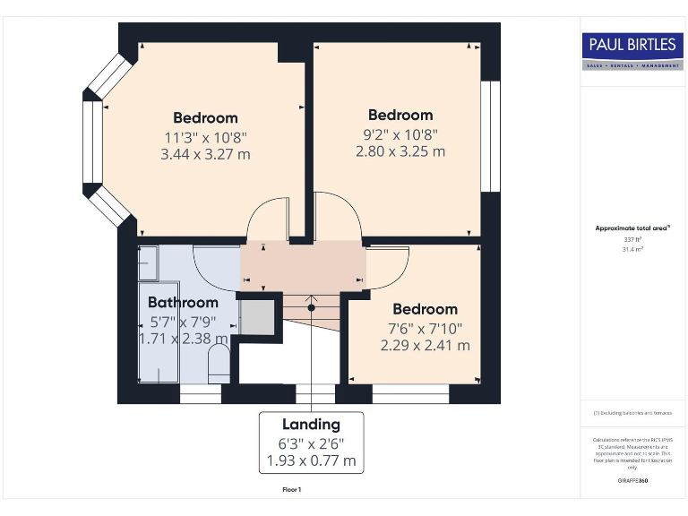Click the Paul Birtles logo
[x=632, y=51]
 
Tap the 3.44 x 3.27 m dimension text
[x=205, y=154]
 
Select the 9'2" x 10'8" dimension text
[x=400, y=133]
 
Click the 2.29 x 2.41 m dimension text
[x=425, y=345]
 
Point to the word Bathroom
[x=183, y=303]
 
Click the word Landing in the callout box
[x=311, y=425]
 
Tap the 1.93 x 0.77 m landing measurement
[x=311, y=461]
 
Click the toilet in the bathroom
[x=219, y=364]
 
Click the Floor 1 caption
[x=292, y=490]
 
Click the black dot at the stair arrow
[x=312, y=307]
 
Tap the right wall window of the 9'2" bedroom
[x=490, y=136]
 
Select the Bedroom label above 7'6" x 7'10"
[x=425, y=309]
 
